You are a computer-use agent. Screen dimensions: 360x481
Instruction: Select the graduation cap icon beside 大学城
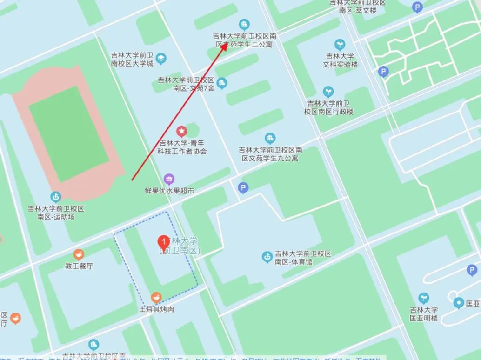(161, 59)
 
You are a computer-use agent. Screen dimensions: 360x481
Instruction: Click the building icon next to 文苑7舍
(222, 83)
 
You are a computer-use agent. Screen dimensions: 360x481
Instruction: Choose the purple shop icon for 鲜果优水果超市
(169, 179)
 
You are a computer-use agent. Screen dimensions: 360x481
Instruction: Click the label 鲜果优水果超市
(169, 191)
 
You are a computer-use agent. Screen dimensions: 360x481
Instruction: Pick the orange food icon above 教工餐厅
(79, 254)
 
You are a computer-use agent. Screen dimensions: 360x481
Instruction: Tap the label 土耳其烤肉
(156, 309)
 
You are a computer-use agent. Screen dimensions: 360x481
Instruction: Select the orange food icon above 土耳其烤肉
(156, 297)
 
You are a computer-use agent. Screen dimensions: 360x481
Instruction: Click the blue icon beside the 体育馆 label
(267, 256)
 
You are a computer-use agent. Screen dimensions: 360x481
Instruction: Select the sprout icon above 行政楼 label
(328, 92)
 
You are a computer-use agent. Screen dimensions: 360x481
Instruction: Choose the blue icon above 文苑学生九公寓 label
(270, 138)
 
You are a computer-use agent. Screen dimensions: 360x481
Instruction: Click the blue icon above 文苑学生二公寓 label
(244, 24)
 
